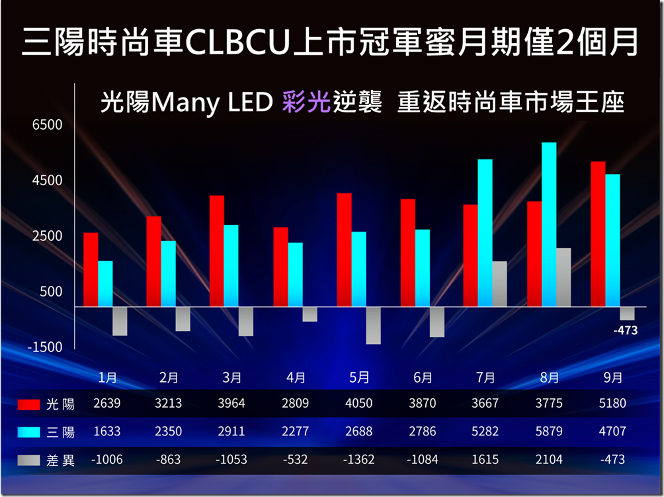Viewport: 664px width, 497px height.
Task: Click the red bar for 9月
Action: pyautogui.click(x=598, y=234)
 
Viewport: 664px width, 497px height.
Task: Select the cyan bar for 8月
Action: pyautogui.click(x=549, y=224)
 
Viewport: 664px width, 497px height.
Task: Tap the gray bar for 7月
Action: pyautogui.click(x=499, y=284)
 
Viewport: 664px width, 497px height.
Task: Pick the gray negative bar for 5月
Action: pyautogui.click(x=373, y=326)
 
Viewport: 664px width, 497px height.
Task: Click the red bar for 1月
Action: pyautogui.click(x=91, y=269)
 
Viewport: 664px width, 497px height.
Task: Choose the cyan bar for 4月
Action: pyautogui.click(x=295, y=275)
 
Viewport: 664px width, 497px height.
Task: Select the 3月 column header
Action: pyautogui.click(x=231, y=378)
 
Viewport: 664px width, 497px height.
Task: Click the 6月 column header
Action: pyautogui.click(x=423, y=378)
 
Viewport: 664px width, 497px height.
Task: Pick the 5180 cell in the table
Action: pyautogui.click(x=612, y=403)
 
